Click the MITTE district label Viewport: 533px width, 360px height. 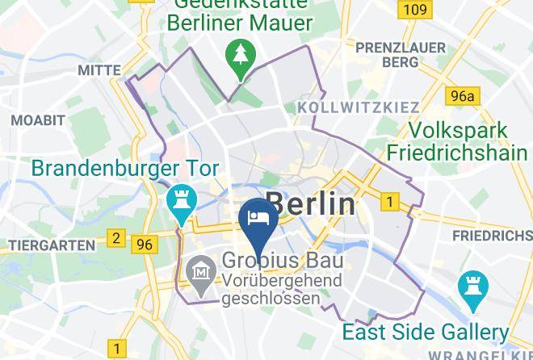coord(99,71)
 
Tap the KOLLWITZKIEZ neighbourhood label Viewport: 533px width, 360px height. coord(359,107)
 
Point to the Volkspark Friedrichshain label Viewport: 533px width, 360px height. coord(457,141)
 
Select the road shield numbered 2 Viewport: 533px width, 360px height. coord(116,238)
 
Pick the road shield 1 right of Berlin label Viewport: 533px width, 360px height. coord(391,202)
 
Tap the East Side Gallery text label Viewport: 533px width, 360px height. coord(425,332)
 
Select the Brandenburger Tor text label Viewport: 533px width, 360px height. coord(125,170)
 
